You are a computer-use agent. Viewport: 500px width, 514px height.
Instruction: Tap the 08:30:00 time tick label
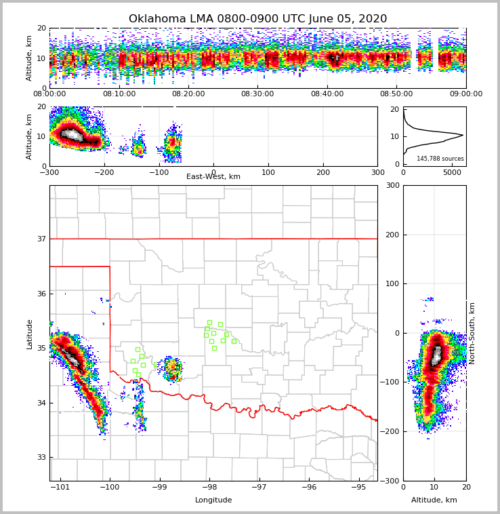(257, 94)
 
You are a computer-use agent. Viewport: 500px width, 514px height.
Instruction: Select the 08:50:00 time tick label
(396, 94)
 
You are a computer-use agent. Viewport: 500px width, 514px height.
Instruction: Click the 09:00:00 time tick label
(465, 94)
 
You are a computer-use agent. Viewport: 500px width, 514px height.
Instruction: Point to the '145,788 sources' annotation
(440, 159)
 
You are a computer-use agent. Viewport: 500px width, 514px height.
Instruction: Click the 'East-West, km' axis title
(213, 177)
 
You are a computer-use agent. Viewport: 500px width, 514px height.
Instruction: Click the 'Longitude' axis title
(213, 500)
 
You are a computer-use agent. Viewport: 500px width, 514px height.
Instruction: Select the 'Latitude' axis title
(30, 334)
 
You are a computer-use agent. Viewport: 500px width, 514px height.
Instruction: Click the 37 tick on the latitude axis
(41, 239)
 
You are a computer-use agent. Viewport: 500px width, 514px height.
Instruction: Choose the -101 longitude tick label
(61, 488)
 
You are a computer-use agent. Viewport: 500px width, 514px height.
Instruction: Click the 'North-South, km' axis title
(472, 333)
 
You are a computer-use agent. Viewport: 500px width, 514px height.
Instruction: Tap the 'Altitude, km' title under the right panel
(434, 500)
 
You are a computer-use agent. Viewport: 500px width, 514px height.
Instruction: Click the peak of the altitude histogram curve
(463, 135)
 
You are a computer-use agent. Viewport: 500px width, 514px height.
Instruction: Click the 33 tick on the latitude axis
(41, 457)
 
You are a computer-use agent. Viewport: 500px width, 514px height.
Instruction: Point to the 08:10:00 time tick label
(119, 94)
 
